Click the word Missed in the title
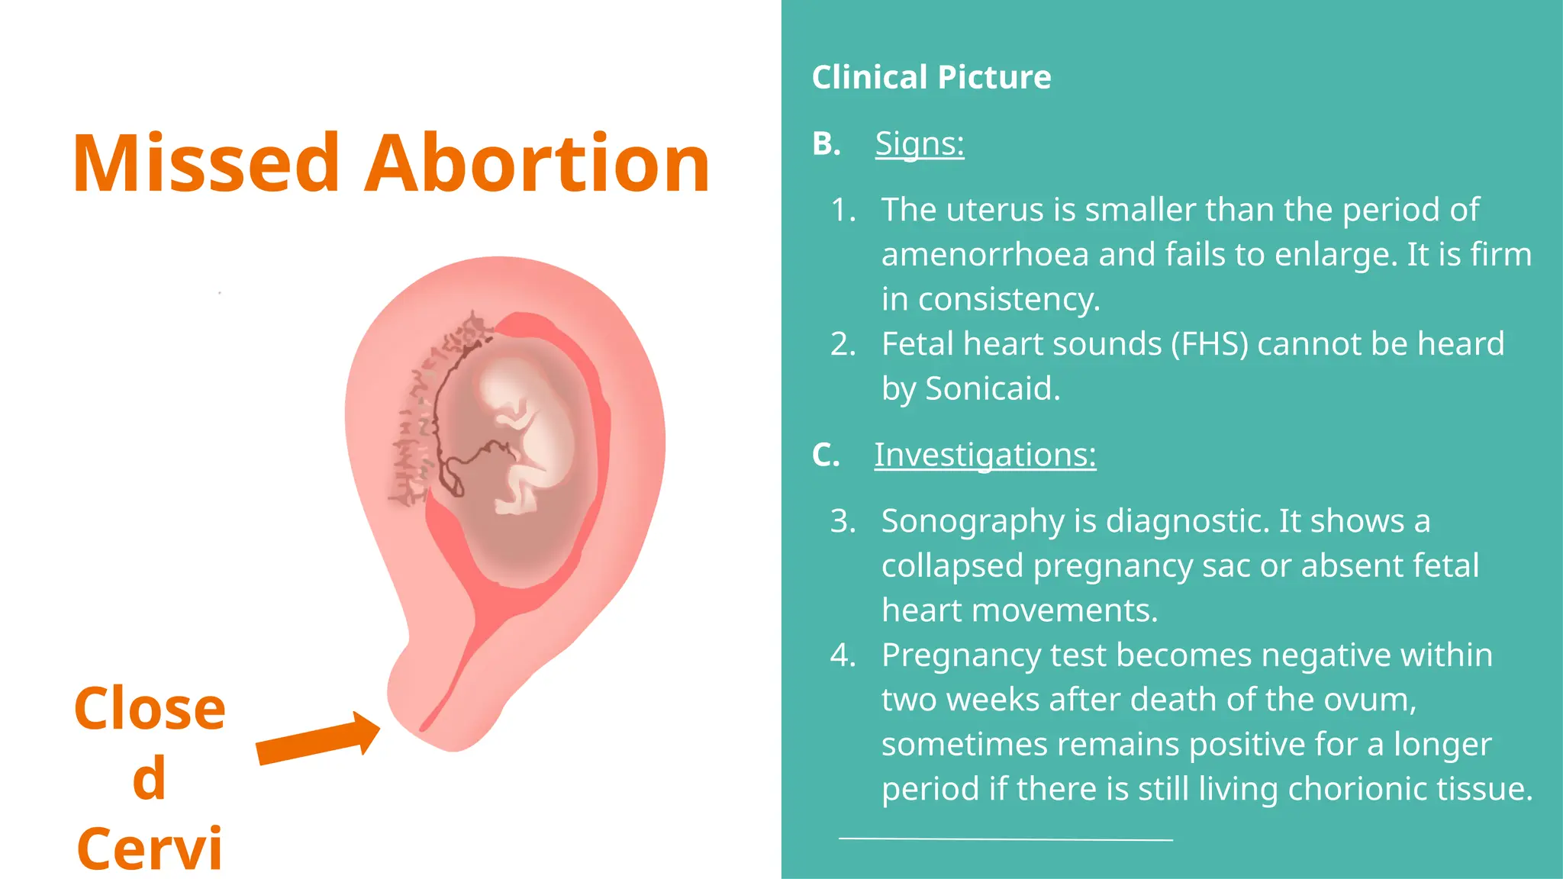coord(206,164)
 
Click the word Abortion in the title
coord(537,164)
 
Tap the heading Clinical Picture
coord(931,77)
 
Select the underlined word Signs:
coord(919,143)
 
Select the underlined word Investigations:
coord(985,455)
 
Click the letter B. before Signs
coord(826,143)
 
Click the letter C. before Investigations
coord(826,455)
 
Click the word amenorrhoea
coord(985,255)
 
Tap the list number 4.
coord(843,655)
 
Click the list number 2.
coord(843,344)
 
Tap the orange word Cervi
coord(150,848)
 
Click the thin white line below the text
coord(1005,839)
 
